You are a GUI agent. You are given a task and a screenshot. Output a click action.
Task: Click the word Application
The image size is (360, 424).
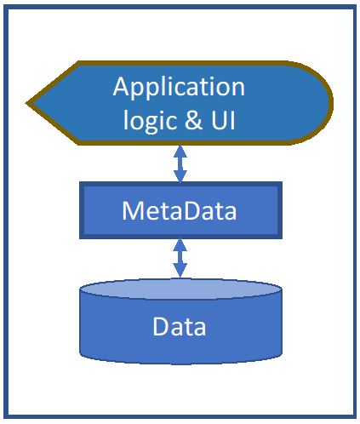pyautogui.click(x=179, y=88)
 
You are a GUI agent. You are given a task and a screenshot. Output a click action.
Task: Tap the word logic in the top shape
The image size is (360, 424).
pyautogui.click(x=148, y=120)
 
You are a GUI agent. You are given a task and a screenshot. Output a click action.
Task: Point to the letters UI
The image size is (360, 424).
pyautogui.click(x=223, y=120)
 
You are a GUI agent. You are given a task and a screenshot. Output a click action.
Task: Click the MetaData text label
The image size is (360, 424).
pyautogui.click(x=179, y=210)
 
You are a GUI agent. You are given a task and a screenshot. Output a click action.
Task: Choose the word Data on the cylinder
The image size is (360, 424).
pyautogui.click(x=180, y=327)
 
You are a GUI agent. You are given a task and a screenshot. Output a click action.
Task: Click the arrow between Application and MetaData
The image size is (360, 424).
pyautogui.click(x=180, y=163)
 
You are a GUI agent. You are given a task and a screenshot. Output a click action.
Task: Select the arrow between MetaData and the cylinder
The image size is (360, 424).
pyautogui.click(x=180, y=258)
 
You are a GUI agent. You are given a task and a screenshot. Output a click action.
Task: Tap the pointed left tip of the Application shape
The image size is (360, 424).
pyautogui.click(x=28, y=103)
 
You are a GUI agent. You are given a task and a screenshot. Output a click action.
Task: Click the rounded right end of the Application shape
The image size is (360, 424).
pyautogui.click(x=331, y=103)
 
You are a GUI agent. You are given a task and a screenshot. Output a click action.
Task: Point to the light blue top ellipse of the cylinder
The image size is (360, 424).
pyautogui.click(x=180, y=289)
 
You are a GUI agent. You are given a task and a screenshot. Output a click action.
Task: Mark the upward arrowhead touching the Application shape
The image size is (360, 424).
pyautogui.click(x=180, y=151)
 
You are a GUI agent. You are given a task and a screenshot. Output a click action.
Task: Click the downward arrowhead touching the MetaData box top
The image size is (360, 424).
pyautogui.click(x=180, y=176)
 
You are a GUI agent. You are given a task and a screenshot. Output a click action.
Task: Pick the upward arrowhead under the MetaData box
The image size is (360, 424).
pyautogui.click(x=180, y=244)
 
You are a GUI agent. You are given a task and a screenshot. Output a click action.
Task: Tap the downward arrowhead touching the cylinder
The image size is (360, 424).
pyautogui.click(x=180, y=271)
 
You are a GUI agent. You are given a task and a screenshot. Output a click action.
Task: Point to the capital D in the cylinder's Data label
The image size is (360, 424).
pyautogui.click(x=161, y=326)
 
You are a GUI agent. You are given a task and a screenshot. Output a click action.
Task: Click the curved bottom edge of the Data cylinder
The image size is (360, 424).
pyautogui.click(x=180, y=363)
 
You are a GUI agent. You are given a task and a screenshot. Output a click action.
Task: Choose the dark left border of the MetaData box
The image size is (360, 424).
pyautogui.click(x=82, y=210)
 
